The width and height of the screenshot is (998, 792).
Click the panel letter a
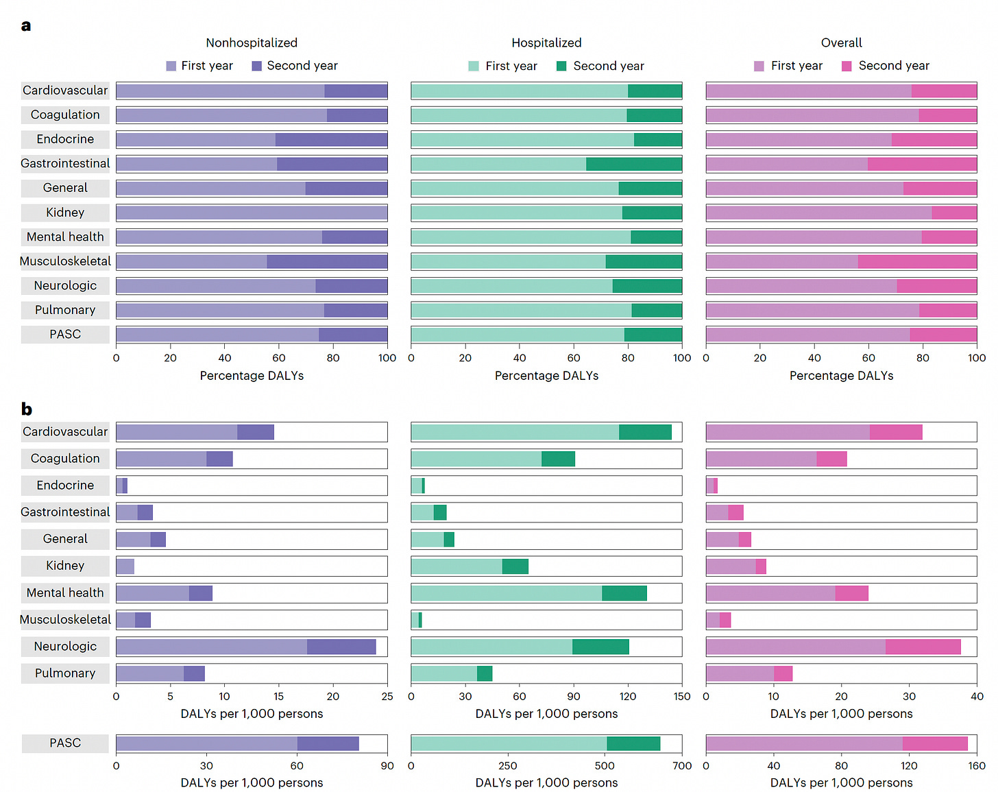(26, 26)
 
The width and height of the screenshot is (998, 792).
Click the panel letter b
(27, 409)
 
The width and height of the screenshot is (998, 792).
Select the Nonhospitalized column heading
(252, 43)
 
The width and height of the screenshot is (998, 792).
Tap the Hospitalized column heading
(546, 43)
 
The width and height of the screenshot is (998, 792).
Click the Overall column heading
(841, 43)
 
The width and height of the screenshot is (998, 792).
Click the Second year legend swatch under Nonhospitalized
(257, 66)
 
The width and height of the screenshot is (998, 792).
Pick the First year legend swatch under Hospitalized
(474, 66)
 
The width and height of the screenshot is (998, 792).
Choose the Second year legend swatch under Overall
(847, 66)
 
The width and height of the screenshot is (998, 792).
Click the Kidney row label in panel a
(65, 213)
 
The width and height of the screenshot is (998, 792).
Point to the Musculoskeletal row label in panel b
(65, 619)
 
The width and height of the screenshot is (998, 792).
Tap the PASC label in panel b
(65, 743)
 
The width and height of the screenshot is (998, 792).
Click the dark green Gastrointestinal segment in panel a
(634, 164)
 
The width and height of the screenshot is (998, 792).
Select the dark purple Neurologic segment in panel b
(341, 647)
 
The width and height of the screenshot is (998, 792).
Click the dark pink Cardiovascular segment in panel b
(896, 432)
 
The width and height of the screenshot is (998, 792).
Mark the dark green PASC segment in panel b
(633, 743)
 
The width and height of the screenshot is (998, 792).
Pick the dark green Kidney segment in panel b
(515, 566)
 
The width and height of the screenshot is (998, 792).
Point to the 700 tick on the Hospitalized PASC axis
(682, 766)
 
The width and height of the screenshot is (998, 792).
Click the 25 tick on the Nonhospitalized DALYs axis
(387, 697)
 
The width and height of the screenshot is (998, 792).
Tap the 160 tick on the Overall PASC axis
(977, 766)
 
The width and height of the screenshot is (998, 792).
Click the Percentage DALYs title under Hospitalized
(546, 376)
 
